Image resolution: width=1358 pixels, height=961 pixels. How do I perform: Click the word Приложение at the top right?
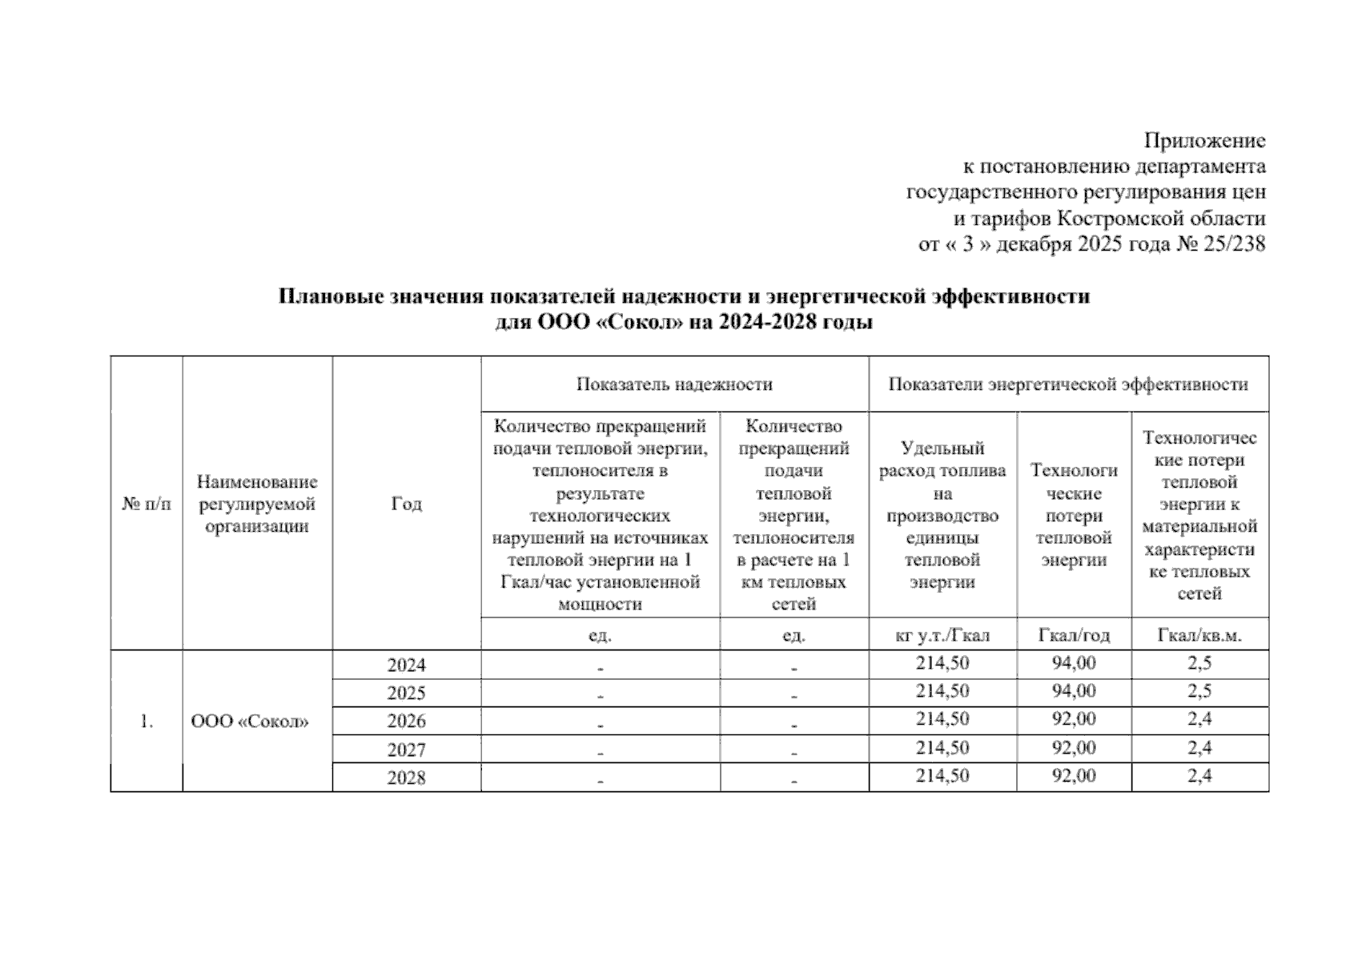pyautogui.click(x=1204, y=141)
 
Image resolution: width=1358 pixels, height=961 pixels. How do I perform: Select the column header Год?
pyautogui.click(x=406, y=504)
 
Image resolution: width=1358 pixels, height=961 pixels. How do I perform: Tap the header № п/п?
pyautogui.click(x=147, y=504)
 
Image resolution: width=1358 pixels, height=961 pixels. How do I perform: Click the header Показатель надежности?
pyautogui.click(x=674, y=384)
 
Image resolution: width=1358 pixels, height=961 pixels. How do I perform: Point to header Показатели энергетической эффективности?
pyautogui.click(x=1068, y=384)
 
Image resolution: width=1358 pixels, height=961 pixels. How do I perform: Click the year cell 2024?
pyautogui.click(x=406, y=665)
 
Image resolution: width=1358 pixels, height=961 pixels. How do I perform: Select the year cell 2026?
pyautogui.click(x=406, y=722)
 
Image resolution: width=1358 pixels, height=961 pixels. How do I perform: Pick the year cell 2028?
pyautogui.click(x=406, y=778)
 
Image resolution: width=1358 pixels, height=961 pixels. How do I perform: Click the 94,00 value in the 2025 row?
pyautogui.click(x=1074, y=691)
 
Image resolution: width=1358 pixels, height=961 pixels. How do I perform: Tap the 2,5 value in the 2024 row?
pyautogui.click(x=1199, y=663)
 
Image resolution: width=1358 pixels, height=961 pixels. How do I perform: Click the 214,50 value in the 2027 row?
pyautogui.click(x=942, y=748)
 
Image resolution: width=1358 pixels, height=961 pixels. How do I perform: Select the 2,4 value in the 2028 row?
pyautogui.click(x=1199, y=775)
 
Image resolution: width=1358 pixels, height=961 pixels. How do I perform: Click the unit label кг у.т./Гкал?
pyautogui.click(x=942, y=636)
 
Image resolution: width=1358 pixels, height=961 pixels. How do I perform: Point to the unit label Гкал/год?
pyautogui.click(x=1074, y=636)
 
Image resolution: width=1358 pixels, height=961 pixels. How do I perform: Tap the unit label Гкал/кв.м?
pyautogui.click(x=1199, y=636)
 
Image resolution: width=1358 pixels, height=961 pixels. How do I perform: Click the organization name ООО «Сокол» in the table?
pyautogui.click(x=250, y=722)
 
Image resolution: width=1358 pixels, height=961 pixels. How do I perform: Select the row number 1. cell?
pyautogui.click(x=147, y=722)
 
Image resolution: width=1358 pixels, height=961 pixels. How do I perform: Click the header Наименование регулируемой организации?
pyautogui.click(x=257, y=504)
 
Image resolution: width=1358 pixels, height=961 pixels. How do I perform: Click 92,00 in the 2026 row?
pyautogui.click(x=1074, y=719)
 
